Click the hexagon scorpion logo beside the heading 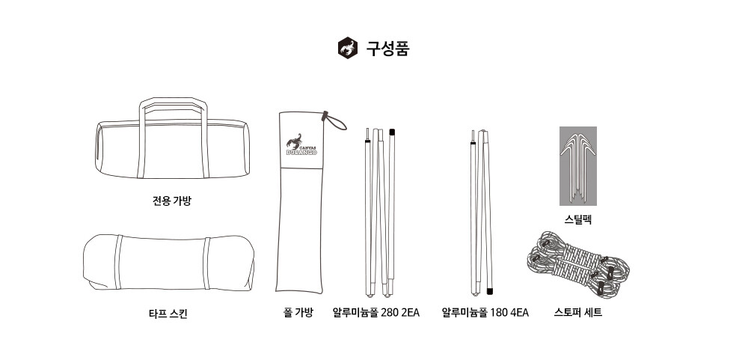pos(348,48)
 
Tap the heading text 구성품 pos(387,48)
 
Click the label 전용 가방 pos(172,201)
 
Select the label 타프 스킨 pos(168,314)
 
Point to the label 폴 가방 pos(298,313)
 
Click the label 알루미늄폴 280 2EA pos(376,313)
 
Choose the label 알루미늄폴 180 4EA pos(485,313)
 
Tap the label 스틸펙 pos(577,219)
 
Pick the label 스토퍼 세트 pos(577,313)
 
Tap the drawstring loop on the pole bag pos(335,121)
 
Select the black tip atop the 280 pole pos(392,132)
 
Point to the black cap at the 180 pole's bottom pos(489,290)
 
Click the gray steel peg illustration pos(577,165)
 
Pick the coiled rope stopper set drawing pos(578,264)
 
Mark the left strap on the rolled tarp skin pos(118,262)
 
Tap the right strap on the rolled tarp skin pos(206,263)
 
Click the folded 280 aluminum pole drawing pos(380,213)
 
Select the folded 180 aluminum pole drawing pos(481,213)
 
